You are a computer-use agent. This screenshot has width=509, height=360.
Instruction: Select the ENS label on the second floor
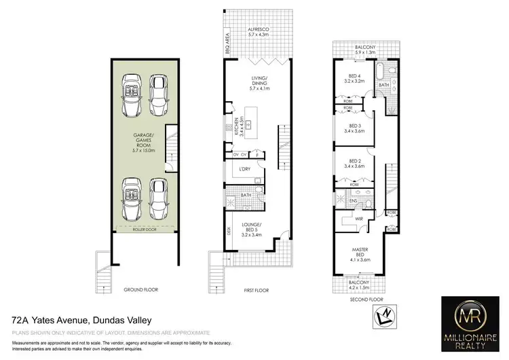pos(353,200)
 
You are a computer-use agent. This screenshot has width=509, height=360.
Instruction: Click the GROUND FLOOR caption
pos(141,290)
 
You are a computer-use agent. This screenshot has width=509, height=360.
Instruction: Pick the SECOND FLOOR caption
pos(366,298)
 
